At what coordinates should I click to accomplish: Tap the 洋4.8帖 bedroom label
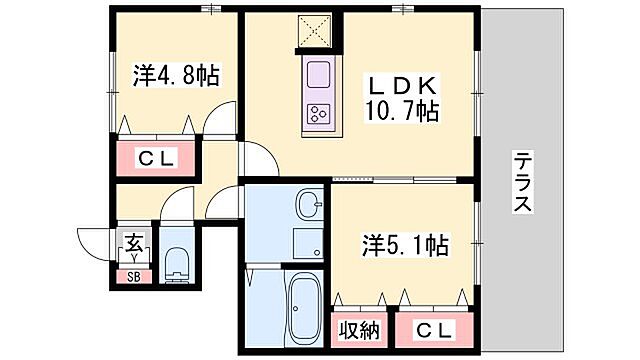point(176,75)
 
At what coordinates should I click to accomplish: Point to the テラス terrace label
point(522,182)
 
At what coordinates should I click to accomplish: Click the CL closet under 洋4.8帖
point(157,157)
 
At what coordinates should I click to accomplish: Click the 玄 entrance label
point(132,241)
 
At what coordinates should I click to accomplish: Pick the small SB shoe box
point(132,277)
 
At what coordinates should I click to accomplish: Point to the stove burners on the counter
point(321,113)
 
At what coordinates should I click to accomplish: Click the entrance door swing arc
point(97,243)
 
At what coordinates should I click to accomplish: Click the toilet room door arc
point(177,207)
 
